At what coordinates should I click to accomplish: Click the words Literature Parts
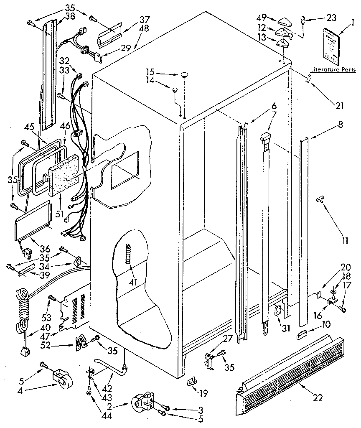(333, 70)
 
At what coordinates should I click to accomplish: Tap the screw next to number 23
(303, 19)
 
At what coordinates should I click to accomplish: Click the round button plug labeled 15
(184, 75)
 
